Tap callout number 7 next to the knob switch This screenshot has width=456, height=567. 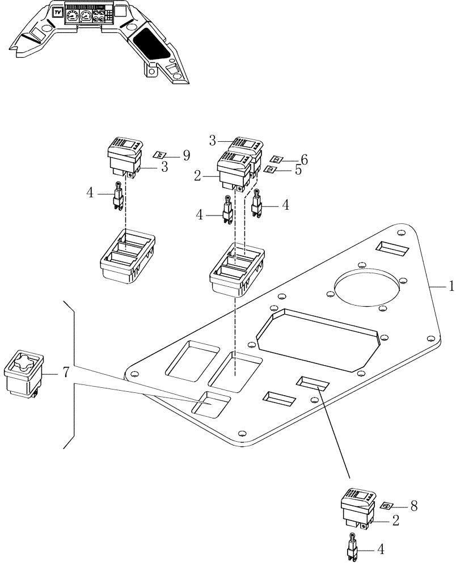coord(66,373)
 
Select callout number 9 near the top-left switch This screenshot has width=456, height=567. coord(185,154)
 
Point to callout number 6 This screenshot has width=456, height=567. coord(304,160)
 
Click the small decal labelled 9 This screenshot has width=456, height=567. coord(161,155)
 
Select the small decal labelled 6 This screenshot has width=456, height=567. coord(276,160)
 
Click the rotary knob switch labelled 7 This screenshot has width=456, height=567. coord(24,372)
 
